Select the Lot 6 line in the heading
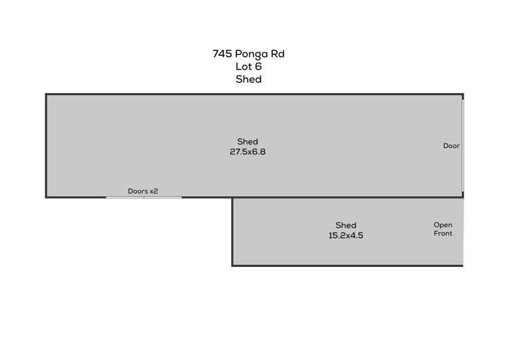point(248,67)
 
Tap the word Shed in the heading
point(248,79)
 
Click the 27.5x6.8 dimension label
point(248,152)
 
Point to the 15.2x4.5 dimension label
point(345,236)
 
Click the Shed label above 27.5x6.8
point(248,141)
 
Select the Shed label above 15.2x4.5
point(345,225)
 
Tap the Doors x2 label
point(143,191)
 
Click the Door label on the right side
point(451,145)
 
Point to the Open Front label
point(443,229)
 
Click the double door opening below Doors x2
point(144,198)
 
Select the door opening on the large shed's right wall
point(463,145)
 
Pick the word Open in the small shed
point(443,225)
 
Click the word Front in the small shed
point(443,234)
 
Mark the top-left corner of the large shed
point(46,94)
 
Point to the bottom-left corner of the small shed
point(233,265)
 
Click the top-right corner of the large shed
point(463,94)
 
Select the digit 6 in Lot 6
point(259,67)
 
